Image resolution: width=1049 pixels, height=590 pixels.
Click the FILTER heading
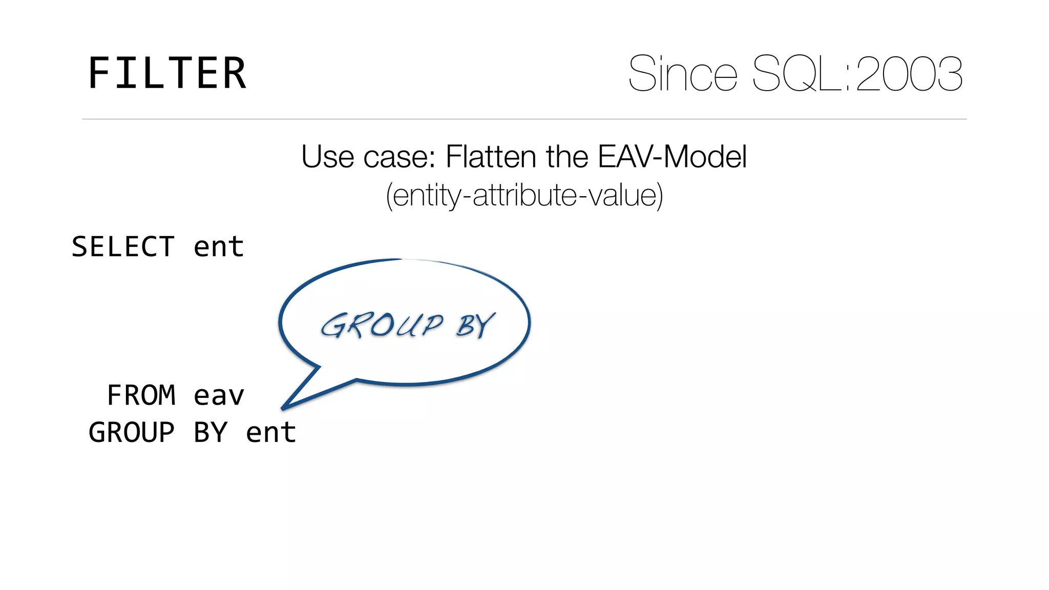(x=167, y=74)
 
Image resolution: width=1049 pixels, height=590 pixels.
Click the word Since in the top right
(x=683, y=74)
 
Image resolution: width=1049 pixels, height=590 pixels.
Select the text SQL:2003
(x=857, y=74)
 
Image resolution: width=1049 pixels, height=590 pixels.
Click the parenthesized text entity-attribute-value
(x=524, y=195)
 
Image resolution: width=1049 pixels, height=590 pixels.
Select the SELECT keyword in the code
(x=123, y=247)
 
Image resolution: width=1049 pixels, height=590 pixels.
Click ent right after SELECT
(x=219, y=247)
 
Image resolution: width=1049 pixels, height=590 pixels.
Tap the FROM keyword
(x=141, y=395)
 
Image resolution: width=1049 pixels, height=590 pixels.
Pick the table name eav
(x=219, y=395)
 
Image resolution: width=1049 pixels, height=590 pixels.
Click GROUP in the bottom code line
(x=132, y=432)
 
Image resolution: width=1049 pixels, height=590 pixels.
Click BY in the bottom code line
(x=210, y=432)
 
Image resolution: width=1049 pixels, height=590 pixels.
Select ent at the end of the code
(x=271, y=432)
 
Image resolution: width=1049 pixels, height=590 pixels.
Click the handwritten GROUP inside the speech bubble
(x=382, y=326)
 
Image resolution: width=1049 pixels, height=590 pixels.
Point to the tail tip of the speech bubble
(x=283, y=408)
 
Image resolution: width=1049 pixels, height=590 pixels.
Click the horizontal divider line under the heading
(x=524, y=119)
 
